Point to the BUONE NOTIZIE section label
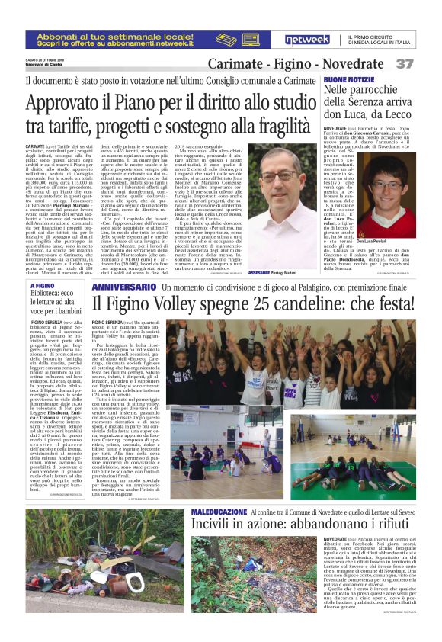pos(348,79)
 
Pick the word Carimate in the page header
pos(236,64)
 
